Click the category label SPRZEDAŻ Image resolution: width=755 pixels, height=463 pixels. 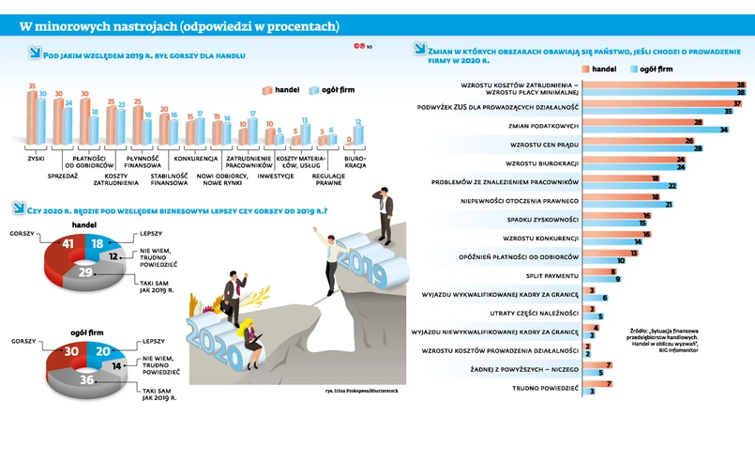[63, 174]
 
